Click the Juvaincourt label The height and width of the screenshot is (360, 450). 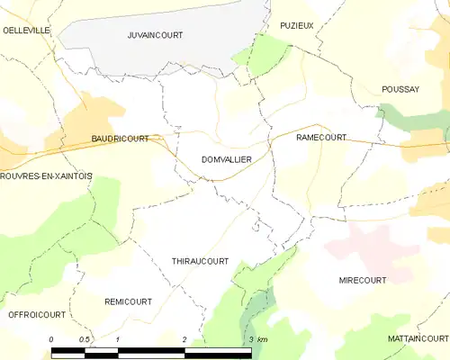[x=156, y=35]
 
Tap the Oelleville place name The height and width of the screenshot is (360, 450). [x=26, y=30]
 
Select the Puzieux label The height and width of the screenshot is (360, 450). [x=296, y=25]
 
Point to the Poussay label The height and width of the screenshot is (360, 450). [x=400, y=89]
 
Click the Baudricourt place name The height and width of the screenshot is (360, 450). [x=120, y=139]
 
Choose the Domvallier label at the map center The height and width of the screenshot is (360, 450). [x=226, y=158]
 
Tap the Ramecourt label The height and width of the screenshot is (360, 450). [x=321, y=138]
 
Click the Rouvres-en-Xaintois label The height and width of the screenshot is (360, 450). [x=46, y=176]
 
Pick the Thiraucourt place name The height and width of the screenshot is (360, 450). [x=200, y=261]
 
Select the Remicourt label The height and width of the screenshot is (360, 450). [x=128, y=301]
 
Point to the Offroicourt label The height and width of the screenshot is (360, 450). [x=37, y=315]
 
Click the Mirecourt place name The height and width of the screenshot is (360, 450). [x=363, y=280]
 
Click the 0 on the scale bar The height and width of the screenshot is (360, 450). [x=52, y=338]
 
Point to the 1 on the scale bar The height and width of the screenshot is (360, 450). [x=118, y=338]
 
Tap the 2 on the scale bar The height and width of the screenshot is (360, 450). [x=184, y=338]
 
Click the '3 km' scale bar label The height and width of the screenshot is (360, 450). [x=256, y=338]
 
